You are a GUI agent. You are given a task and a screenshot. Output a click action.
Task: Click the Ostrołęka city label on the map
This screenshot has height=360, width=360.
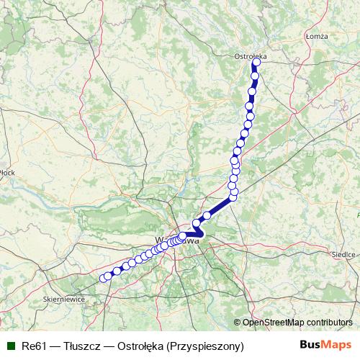click(251, 55)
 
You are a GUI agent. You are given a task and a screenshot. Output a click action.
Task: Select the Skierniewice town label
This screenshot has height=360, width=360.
click(63, 298)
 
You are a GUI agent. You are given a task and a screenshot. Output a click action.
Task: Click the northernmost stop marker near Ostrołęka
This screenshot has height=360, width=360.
click(256, 62)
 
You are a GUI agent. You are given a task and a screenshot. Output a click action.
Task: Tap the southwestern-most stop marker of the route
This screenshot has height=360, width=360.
click(102, 278)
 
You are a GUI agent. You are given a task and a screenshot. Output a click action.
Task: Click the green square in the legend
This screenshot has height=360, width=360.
click(11, 346)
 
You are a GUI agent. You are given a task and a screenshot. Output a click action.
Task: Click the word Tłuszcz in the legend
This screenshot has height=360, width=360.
click(84, 346)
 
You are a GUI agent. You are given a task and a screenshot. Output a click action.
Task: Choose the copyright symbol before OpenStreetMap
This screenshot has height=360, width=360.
click(237, 323)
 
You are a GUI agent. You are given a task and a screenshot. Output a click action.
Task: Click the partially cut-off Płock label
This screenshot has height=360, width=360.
click(7, 172)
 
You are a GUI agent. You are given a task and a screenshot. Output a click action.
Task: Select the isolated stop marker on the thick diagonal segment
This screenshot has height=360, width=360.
click(207, 215)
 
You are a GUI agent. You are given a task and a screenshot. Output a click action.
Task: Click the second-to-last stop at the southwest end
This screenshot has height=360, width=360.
click(109, 275)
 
